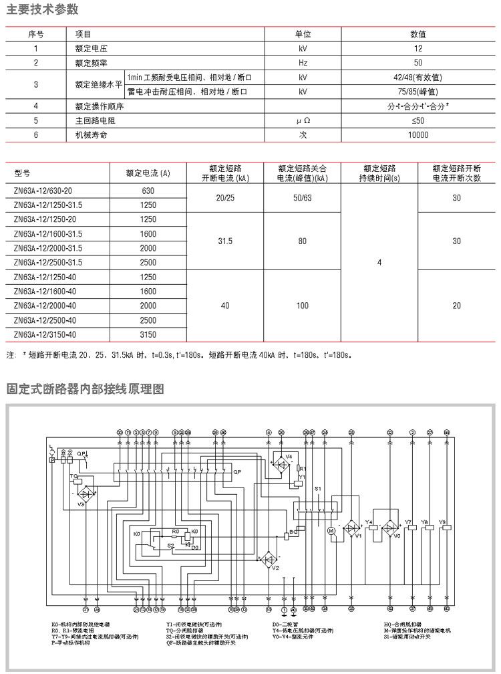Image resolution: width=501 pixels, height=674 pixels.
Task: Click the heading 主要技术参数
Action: (42, 9)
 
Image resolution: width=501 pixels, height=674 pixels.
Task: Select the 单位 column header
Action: (304, 34)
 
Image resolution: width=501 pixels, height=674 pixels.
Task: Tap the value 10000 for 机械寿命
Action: (417, 134)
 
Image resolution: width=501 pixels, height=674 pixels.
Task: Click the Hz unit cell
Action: (303, 63)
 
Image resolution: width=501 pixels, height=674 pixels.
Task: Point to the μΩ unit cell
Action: (304, 120)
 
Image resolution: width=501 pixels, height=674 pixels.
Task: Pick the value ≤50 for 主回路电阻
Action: (417, 120)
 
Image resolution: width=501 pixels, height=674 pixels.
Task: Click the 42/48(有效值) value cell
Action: (417, 78)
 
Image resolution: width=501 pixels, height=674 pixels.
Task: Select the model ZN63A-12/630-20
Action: (43, 191)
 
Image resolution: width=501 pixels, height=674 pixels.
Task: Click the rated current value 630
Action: (148, 191)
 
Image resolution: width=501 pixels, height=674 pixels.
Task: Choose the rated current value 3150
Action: (148, 335)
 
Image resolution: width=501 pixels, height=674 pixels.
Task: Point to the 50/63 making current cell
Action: (303, 198)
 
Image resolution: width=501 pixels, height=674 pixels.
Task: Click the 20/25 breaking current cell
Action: (226, 198)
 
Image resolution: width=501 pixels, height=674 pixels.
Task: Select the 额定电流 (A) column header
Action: (148, 173)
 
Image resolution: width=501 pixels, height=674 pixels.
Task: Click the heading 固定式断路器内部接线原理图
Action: (85, 389)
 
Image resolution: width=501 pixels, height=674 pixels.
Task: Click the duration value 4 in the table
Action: (379, 263)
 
